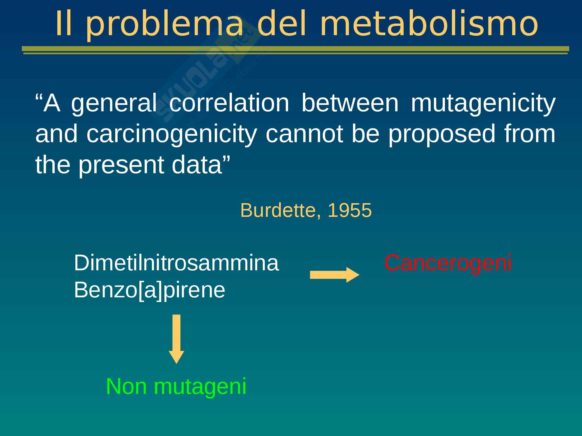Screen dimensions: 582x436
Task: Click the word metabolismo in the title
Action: click(x=429, y=24)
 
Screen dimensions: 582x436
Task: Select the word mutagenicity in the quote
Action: click(x=483, y=103)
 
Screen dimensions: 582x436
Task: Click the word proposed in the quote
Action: click(x=442, y=134)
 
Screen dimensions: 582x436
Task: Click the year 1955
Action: click(x=349, y=210)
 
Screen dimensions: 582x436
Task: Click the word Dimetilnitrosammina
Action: click(x=176, y=263)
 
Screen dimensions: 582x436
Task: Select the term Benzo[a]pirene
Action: click(x=150, y=290)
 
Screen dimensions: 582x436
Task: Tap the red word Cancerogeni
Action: click(x=448, y=263)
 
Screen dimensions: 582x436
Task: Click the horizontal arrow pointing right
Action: click(x=335, y=275)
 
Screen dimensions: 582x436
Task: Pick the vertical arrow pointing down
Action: click(x=176, y=339)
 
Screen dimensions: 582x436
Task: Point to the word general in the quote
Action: click(x=114, y=103)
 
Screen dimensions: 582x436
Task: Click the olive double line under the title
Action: click(x=295, y=50)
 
